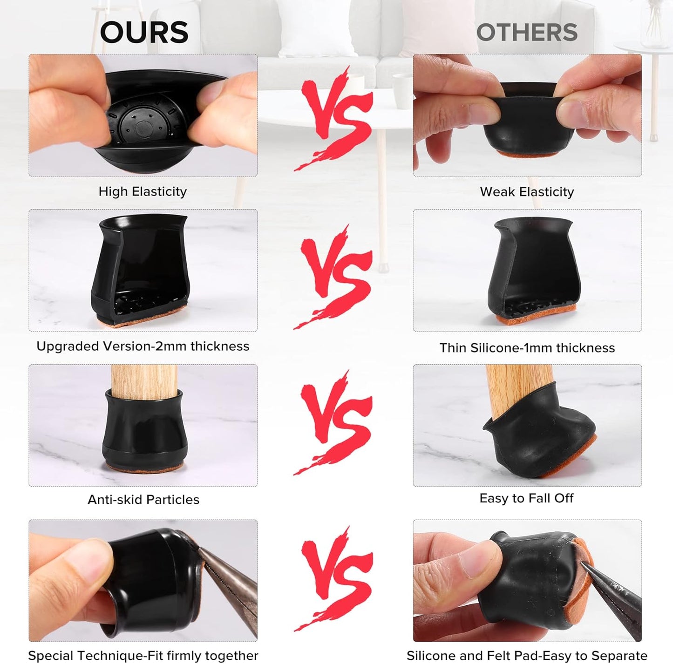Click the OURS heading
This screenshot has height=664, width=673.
144,32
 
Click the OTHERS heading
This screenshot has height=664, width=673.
527,32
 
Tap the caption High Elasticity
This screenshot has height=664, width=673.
143,192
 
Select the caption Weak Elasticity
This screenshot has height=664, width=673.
527,192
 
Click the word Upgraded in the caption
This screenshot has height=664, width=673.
67,346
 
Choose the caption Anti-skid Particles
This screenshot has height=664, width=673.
143,500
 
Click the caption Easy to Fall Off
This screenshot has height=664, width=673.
526,498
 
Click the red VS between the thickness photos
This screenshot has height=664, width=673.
333,277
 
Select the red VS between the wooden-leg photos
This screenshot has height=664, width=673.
333,423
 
